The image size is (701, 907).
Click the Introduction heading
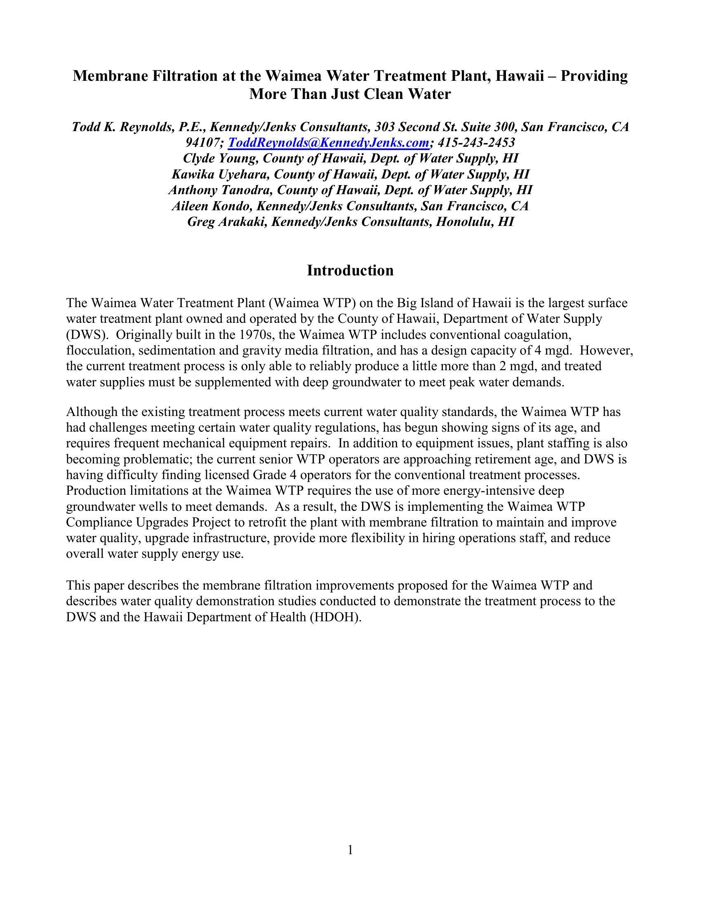point(350,270)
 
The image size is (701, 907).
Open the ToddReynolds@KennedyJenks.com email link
point(329,143)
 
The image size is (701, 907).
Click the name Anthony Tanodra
point(217,190)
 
